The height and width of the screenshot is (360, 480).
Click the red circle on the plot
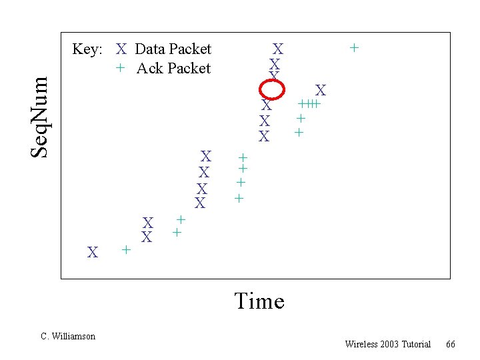click(x=272, y=89)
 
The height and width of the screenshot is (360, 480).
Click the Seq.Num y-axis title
click(x=41, y=117)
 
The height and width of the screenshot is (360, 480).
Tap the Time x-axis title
click(x=259, y=301)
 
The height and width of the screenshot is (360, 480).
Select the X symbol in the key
click(x=121, y=49)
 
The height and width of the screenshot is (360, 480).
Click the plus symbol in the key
click(x=120, y=68)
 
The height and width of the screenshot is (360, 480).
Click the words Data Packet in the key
click(x=173, y=49)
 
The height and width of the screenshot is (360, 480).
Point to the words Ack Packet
click(x=173, y=68)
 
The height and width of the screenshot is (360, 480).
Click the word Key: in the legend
click(x=87, y=49)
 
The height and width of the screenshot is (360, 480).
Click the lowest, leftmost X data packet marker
click(x=93, y=253)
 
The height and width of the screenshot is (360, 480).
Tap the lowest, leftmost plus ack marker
click(x=125, y=250)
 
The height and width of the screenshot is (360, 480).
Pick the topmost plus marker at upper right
click(x=355, y=47)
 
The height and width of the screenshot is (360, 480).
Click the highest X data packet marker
click(x=278, y=49)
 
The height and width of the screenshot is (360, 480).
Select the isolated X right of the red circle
click(x=321, y=90)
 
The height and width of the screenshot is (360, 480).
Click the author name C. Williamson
click(x=68, y=337)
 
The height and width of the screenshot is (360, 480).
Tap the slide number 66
click(x=451, y=344)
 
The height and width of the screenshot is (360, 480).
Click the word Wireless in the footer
click(x=360, y=344)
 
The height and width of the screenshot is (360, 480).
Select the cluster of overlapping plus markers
click(x=310, y=104)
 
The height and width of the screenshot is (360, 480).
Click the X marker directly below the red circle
click(x=267, y=105)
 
